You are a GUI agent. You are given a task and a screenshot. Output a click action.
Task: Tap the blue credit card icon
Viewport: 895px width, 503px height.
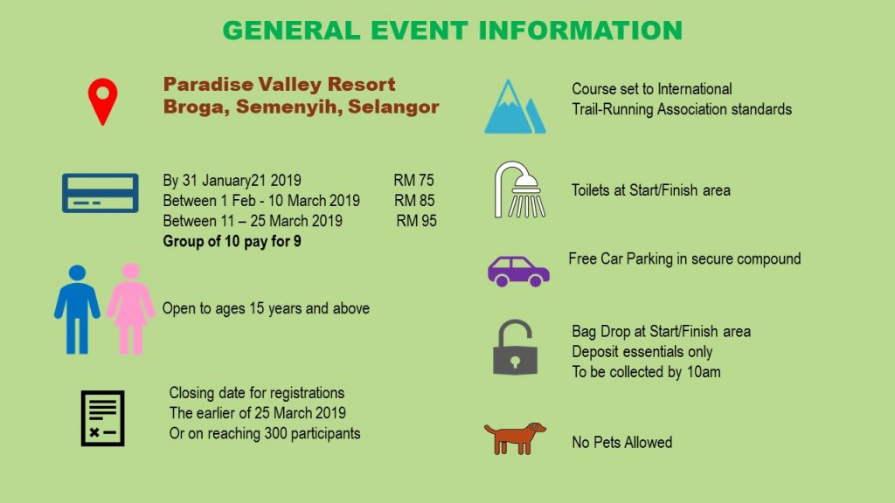pyautogui.click(x=101, y=193)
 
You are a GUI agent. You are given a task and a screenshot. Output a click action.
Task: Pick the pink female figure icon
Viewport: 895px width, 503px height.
pyautogui.click(x=131, y=309)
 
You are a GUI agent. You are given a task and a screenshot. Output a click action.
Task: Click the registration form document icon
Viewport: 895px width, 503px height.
pyautogui.click(x=103, y=418)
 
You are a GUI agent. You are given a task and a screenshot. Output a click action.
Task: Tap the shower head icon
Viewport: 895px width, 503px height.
pyautogui.click(x=519, y=189)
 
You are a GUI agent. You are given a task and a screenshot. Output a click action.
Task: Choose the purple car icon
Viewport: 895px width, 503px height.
pyautogui.click(x=518, y=271)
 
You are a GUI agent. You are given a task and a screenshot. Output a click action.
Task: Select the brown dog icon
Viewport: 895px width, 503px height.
pyautogui.click(x=515, y=438)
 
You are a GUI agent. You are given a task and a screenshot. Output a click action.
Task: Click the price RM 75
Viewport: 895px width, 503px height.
pyautogui.click(x=413, y=180)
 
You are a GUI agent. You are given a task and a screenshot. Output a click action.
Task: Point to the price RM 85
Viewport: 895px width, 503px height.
pyautogui.click(x=414, y=201)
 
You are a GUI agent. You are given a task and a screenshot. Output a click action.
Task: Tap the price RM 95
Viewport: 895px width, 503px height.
pyautogui.click(x=417, y=221)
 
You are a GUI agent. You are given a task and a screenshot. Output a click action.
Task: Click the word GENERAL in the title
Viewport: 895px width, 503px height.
pyautogui.click(x=292, y=31)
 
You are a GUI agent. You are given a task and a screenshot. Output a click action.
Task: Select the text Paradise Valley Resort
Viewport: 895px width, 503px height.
pyautogui.click(x=279, y=85)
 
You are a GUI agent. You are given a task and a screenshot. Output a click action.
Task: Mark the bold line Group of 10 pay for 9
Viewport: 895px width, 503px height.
pyautogui.click(x=232, y=241)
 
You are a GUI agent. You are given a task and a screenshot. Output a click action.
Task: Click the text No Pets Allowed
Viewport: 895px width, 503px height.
pyautogui.click(x=622, y=443)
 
